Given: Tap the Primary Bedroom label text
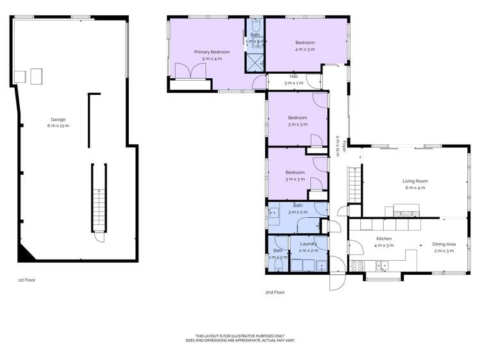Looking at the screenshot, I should [x=211, y=51].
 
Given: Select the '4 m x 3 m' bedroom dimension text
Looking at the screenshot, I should [x=304, y=49].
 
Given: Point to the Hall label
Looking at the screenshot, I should [x=294, y=76].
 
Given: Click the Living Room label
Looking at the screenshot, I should [x=415, y=181].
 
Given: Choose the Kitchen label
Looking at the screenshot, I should [x=384, y=239].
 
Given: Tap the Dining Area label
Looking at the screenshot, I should [x=443, y=244].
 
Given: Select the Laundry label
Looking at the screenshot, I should [x=308, y=244].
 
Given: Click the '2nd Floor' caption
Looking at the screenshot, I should [x=275, y=292].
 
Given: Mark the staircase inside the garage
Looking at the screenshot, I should [x=98, y=199].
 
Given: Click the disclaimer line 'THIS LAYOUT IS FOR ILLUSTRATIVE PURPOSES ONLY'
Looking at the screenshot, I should [x=239, y=336].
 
